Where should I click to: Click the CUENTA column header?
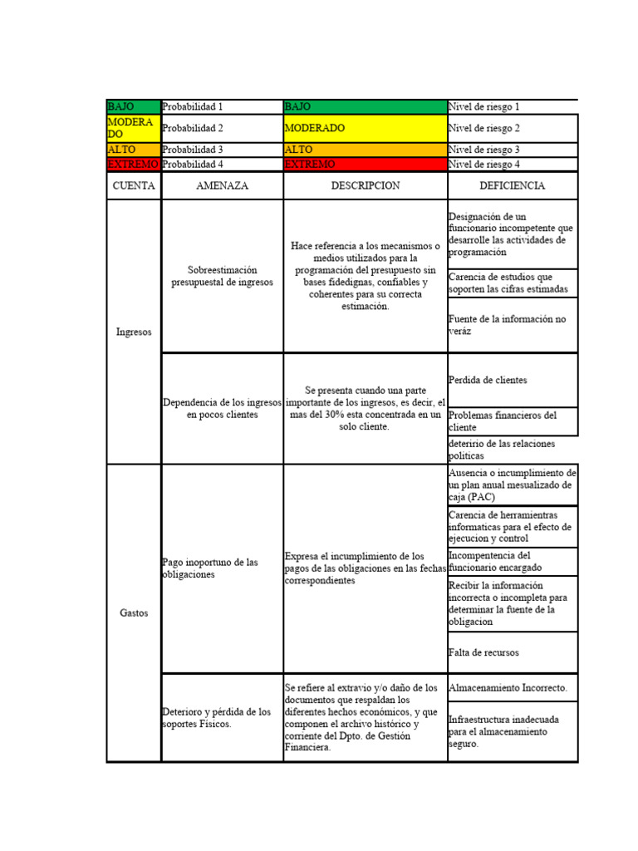(x=134, y=185)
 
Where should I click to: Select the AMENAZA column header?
(x=222, y=185)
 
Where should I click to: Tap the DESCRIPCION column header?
(x=365, y=185)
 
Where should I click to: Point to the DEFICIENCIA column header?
(x=512, y=185)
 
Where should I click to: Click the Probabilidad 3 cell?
(x=222, y=150)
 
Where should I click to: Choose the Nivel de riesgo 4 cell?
(x=512, y=165)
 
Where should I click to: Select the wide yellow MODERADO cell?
(x=365, y=129)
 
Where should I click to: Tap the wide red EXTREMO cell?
(x=365, y=165)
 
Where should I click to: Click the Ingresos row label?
(x=134, y=332)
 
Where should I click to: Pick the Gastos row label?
(x=134, y=612)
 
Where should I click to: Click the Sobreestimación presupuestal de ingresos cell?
(x=222, y=276)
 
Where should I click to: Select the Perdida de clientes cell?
(x=512, y=380)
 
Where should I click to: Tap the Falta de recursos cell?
(x=512, y=652)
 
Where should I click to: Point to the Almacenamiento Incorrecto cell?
(x=512, y=688)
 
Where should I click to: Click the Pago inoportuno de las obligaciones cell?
(x=222, y=568)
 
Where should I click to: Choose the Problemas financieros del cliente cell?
(x=512, y=421)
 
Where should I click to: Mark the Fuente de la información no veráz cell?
(x=512, y=325)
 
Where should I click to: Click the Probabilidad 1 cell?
(x=222, y=107)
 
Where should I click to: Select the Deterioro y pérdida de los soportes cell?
(x=222, y=717)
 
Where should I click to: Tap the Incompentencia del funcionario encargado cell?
(x=512, y=561)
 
